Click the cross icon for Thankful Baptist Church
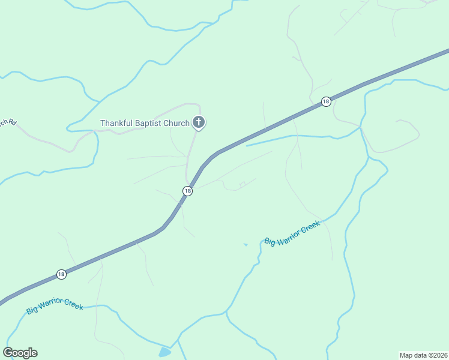point(199,123)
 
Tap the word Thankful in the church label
point(116,123)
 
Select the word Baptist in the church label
point(149,123)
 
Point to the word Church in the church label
point(176,123)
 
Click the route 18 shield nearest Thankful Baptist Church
point(188,191)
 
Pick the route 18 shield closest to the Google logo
point(61,274)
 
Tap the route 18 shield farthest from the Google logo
point(325,101)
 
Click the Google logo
point(20,353)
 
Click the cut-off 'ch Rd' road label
point(7,123)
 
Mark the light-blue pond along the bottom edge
point(164,352)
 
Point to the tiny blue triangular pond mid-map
point(245,244)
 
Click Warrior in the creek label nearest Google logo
point(55,307)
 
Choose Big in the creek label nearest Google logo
point(32,311)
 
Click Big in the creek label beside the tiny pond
point(270,241)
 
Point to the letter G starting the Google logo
point(8,353)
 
